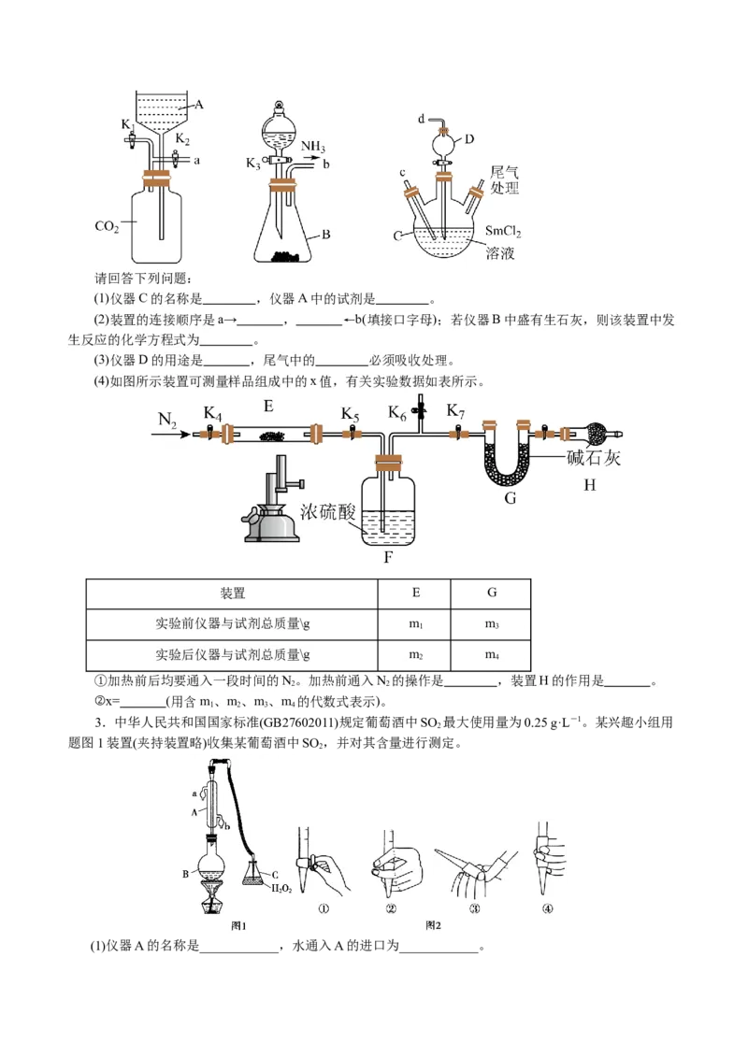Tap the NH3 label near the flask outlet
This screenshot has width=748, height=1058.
point(313,147)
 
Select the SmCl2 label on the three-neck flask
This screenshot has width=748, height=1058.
point(503,231)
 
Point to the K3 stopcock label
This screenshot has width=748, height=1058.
point(254,164)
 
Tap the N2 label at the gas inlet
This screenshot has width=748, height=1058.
point(167,422)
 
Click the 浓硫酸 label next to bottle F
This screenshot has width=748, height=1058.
point(328,511)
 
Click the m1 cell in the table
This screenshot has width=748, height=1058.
point(415,624)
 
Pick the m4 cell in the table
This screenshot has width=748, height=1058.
point(492,654)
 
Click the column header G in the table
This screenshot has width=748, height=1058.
point(492,593)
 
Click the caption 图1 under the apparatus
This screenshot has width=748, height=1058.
point(238,925)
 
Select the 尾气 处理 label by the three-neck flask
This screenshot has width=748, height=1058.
point(505,180)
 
